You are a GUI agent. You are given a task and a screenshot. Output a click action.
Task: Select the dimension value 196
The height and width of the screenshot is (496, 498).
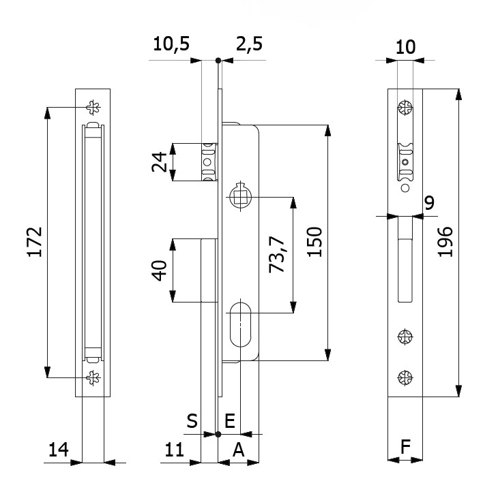pyautogui.click(x=445, y=241)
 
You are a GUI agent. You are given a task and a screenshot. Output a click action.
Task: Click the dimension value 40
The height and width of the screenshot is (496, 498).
pyautogui.click(x=160, y=270)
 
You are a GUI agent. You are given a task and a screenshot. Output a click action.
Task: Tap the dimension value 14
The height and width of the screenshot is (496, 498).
pyautogui.click(x=59, y=449)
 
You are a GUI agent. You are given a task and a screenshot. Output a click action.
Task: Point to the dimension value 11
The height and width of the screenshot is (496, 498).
pyautogui.click(x=175, y=449)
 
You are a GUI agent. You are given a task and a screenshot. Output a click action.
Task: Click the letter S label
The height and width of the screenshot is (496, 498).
pyautogui.click(x=192, y=422)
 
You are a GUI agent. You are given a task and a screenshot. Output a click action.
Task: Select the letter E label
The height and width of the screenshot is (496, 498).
pyautogui.click(x=230, y=422)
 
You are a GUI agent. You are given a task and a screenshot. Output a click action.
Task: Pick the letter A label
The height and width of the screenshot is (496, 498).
pyautogui.click(x=238, y=449)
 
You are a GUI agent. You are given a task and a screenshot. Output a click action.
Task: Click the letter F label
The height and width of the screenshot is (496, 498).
pyautogui.click(x=405, y=448)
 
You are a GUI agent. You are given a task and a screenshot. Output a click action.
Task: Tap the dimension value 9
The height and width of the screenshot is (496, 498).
pyautogui.click(x=428, y=202)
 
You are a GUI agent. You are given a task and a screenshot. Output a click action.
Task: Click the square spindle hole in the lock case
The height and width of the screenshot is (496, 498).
pyautogui.click(x=240, y=198)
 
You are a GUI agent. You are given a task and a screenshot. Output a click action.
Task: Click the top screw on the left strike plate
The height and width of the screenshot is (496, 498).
pyautogui.click(x=93, y=107)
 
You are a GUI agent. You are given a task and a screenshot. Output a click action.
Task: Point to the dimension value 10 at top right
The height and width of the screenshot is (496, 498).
pyautogui.click(x=405, y=46)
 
